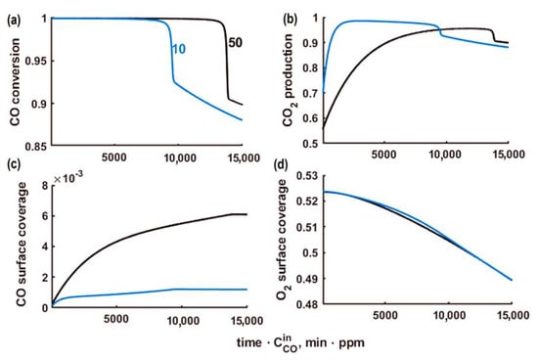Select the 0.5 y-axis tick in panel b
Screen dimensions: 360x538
310,146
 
